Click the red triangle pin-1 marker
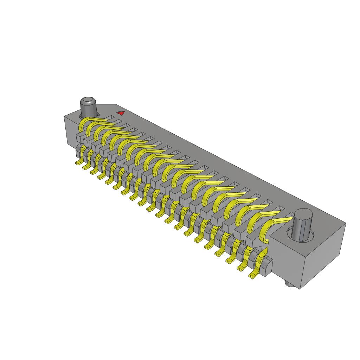(121, 113)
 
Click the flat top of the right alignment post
(303, 214)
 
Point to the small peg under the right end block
(289, 284)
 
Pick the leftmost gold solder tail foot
(78, 163)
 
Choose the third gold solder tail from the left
(94, 172)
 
